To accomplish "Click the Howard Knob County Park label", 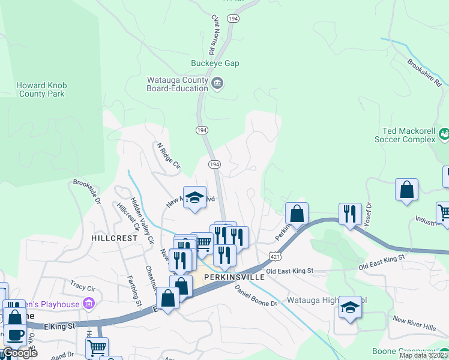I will click(x=41, y=89).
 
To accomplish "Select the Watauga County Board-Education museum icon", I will click(x=218, y=84).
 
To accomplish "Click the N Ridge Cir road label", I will click(x=169, y=154).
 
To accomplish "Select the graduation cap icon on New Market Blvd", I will click(x=194, y=198).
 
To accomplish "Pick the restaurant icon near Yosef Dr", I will click(x=350, y=214).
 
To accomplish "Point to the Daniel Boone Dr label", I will click(x=256, y=295).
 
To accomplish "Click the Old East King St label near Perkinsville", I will click(x=290, y=271).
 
